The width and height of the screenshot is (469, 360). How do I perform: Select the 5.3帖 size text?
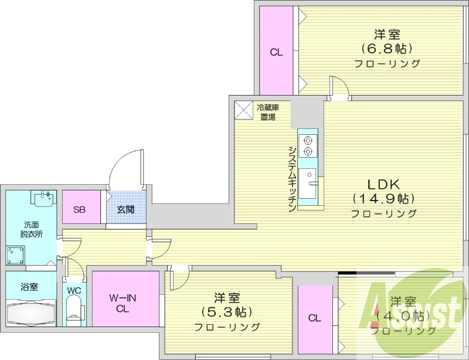227,312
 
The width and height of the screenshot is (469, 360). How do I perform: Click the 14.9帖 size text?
383,198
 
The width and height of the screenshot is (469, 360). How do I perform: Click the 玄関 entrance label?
124,209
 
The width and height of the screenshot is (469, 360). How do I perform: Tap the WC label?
73,290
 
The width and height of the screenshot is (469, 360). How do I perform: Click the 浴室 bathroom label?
29,287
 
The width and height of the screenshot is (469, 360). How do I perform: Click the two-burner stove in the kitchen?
307,145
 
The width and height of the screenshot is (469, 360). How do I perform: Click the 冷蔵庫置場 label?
269,111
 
